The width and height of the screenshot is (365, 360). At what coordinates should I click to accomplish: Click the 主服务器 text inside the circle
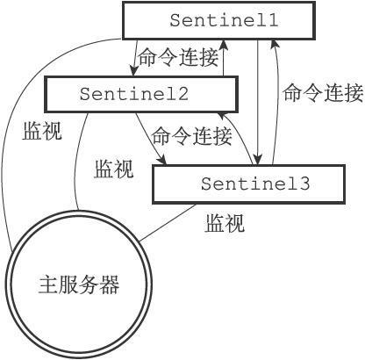click(x=79, y=284)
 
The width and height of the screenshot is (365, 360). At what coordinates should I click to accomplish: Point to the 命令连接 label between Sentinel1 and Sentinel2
click(x=178, y=58)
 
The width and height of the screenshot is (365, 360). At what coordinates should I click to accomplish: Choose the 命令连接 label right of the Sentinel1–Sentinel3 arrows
click(x=323, y=93)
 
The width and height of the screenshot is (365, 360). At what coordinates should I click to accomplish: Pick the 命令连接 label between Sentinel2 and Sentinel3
click(x=192, y=136)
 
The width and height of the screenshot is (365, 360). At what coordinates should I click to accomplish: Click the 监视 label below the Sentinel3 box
click(x=225, y=223)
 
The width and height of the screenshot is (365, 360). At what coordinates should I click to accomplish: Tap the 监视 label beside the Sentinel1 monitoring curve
click(x=42, y=131)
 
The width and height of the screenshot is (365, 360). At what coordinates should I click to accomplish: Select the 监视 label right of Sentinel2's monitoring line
click(x=114, y=169)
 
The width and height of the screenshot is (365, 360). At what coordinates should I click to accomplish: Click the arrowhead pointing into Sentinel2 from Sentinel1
click(x=134, y=71)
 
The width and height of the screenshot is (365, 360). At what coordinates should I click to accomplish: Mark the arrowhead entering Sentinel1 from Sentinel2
click(x=224, y=45)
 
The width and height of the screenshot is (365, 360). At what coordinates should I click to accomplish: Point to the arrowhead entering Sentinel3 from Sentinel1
click(x=257, y=160)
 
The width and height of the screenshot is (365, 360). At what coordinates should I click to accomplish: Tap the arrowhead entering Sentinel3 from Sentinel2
click(x=161, y=161)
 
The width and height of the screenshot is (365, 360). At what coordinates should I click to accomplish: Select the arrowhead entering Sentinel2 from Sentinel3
click(x=224, y=117)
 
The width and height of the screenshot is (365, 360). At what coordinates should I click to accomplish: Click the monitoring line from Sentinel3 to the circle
click(x=168, y=223)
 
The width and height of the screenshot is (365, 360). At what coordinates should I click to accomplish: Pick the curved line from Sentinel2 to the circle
click(x=76, y=161)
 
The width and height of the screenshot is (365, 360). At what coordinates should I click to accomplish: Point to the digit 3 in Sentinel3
click(x=304, y=184)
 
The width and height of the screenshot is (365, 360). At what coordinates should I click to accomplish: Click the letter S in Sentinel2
click(x=84, y=94)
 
